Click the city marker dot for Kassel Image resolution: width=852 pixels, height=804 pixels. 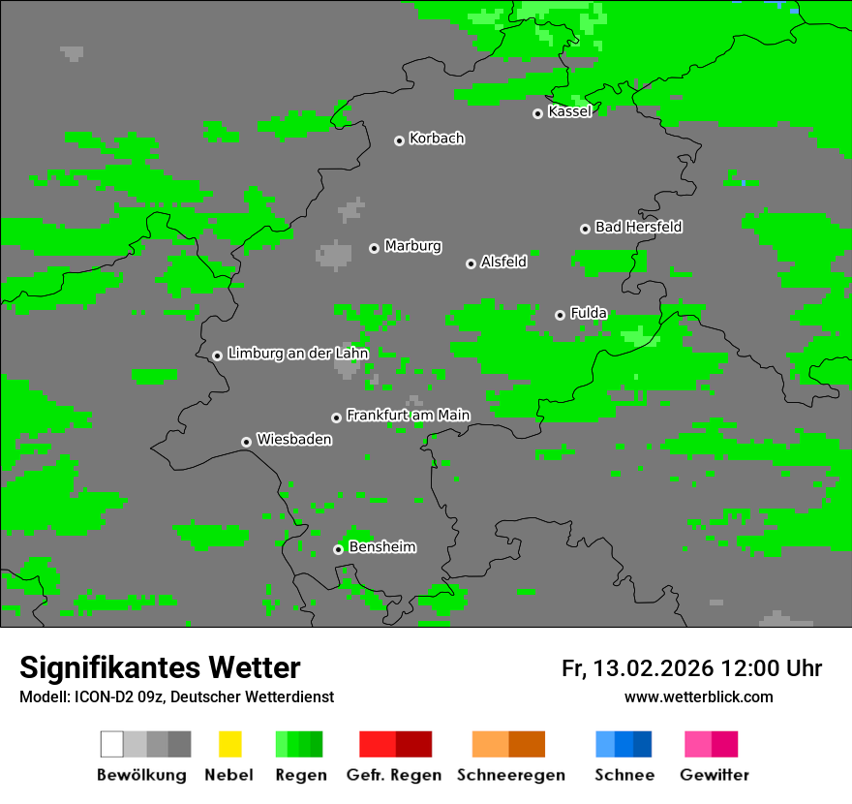pyautogui.click(x=538, y=113)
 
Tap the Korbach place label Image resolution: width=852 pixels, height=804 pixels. pyautogui.click(x=437, y=139)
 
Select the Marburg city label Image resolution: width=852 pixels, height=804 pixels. pyautogui.click(x=412, y=246)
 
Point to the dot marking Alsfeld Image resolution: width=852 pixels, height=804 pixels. pyautogui.click(x=471, y=263)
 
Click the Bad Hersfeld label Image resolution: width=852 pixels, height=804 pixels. pyautogui.click(x=638, y=227)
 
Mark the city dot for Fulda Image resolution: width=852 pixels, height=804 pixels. pyautogui.click(x=560, y=315)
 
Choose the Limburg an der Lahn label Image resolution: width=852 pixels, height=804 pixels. pyautogui.click(x=297, y=354)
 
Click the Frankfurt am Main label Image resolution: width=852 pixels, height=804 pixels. pyautogui.click(x=408, y=416)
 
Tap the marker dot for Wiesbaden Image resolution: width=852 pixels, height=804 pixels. pyautogui.click(x=247, y=442)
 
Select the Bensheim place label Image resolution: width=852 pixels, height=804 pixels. pyautogui.click(x=381, y=547)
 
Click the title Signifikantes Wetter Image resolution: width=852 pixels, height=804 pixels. pyautogui.click(x=160, y=667)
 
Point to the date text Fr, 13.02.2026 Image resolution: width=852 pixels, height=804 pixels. pyautogui.click(x=637, y=668)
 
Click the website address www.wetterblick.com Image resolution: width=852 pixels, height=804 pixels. pyautogui.click(x=698, y=696)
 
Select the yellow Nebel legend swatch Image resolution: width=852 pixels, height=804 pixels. pyautogui.click(x=229, y=744)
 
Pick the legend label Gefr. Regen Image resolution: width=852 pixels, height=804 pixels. pyautogui.click(x=394, y=775)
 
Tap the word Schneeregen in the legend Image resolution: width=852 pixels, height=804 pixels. pyautogui.click(x=510, y=775)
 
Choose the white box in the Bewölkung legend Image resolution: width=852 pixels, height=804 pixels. pyautogui.click(x=112, y=744)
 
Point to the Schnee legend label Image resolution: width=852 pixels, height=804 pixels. pyautogui.click(x=624, y=775)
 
